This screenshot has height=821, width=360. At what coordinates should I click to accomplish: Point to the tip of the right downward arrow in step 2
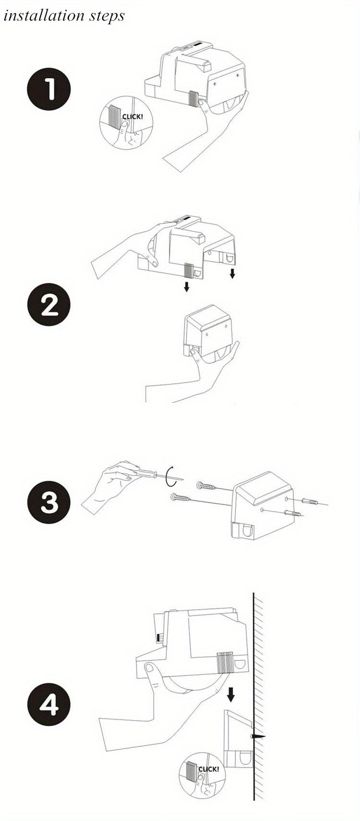tap(232, 278)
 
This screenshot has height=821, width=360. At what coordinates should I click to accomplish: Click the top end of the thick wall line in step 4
tap(254, 593)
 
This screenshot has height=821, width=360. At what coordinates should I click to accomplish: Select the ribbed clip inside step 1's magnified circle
tap(115, 118)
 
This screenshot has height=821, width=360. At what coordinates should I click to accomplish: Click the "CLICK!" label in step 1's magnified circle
tap(132, 117)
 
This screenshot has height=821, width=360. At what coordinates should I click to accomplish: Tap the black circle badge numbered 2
tap(49, 305)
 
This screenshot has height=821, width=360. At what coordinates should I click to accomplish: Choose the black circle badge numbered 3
tap(49, 504)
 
